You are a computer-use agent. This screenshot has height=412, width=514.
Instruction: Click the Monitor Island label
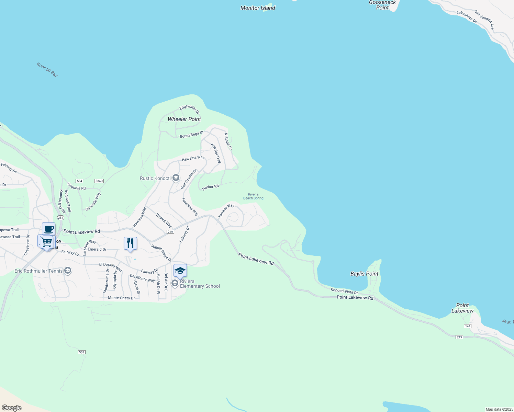tap(258, 8)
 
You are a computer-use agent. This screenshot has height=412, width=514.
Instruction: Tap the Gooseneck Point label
tap(382, 5)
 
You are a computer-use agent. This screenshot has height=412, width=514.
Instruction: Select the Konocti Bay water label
tap(47, 69)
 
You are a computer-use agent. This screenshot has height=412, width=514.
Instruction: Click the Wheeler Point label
tap(184, 119)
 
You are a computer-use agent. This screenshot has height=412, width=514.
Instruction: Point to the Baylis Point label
tap(364, 274)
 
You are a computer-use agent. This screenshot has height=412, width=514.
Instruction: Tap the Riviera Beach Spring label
tap(253, 196)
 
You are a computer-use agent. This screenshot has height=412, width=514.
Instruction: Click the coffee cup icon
tap(49, 229)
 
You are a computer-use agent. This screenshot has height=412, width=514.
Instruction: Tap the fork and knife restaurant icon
tap(130, 243)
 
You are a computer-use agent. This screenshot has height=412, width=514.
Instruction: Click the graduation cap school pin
tap(180, 271)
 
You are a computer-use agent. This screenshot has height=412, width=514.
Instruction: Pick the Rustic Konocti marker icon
tap(176, 178)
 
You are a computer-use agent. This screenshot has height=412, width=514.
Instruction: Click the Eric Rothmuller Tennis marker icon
tap(68, 271)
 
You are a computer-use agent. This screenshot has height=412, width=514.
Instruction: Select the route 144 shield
tap(467, 326)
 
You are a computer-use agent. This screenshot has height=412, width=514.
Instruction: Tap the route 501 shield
tap(81, 352)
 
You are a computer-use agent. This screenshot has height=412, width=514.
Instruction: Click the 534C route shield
tap(99, 181)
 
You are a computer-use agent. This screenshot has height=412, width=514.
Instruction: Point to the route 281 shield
tap(61, 218)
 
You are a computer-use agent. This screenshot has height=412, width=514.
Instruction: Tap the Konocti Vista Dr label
tap(344, 291)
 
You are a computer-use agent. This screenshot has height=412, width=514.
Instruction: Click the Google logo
tap(12, 408)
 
